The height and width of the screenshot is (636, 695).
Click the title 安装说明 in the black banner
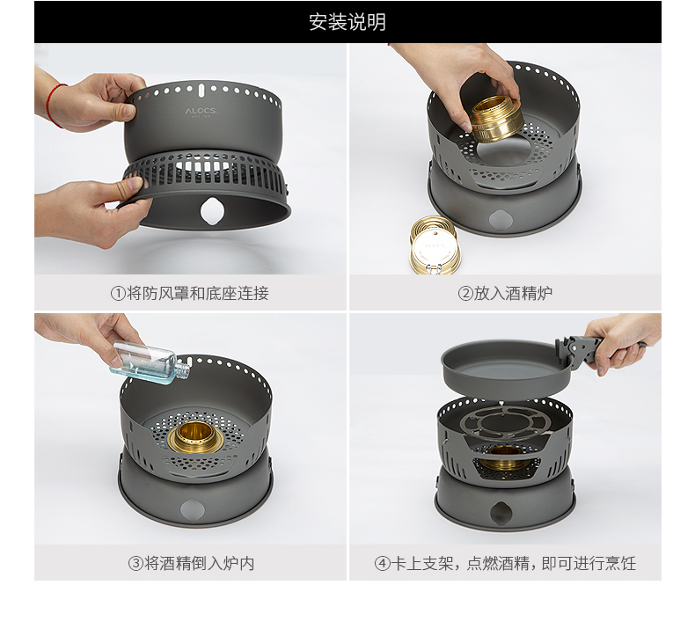[x=347, y=22]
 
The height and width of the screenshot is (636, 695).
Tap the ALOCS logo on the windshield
[x=201, y=111]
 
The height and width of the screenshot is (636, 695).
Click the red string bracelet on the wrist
[x=54, y=105]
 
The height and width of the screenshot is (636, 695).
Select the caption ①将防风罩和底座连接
[x=190, y=294]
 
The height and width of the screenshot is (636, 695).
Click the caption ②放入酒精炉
[x=505, y=294]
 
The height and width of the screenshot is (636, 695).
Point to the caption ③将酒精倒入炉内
[x=191, y=563]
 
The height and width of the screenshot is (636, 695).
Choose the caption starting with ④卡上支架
[x=505, y=563]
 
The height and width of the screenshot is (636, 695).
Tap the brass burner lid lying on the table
[x=435, y=245]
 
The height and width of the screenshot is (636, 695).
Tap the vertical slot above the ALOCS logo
[x=201, y=90]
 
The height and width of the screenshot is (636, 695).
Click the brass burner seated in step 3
[x=194, y=437]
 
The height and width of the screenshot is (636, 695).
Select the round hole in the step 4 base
[x=501, y=513]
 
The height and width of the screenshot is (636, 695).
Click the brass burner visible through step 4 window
[x=504, y=457]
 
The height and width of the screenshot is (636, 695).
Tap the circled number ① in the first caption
[x=118, y=294]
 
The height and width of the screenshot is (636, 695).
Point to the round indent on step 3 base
[x=193, y=509]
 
